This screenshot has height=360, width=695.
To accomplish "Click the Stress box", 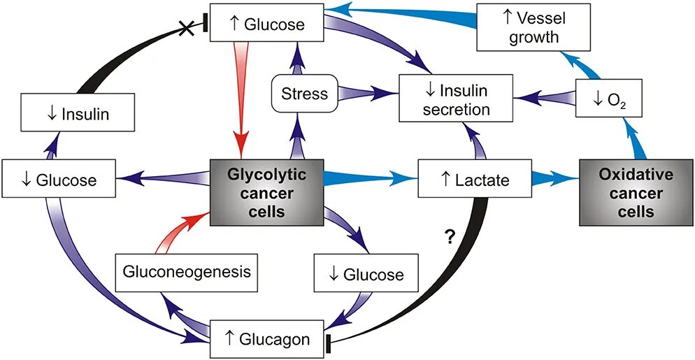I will tap(304, 93).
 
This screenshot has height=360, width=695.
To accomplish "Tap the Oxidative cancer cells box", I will tap(626, 192).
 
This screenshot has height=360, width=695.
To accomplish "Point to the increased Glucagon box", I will tap(267, 340).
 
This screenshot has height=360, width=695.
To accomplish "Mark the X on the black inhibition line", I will tap(187, 29).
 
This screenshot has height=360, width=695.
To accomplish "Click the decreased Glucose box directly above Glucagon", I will tap(359, 273).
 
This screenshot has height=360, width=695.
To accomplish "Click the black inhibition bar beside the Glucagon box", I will tap(329, 342).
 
